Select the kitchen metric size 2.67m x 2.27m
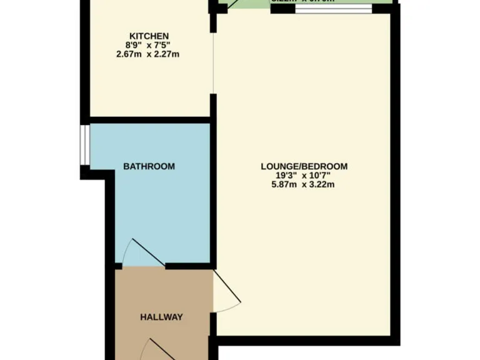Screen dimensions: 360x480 pyautogui.click(x=149, y=54)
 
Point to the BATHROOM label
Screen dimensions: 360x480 pyautogui.click(x=149, y=166)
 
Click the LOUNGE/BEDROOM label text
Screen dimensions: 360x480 pyautogui.click(x=304, y=166)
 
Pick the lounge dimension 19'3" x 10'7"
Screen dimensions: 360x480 pyautogui.click(x=304, y=176)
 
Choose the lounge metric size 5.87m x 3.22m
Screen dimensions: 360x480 pyautogui.click(x=304, y=185)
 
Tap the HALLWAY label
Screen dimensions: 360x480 pyautogui.click(x=161, y=317)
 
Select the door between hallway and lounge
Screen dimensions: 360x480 pyautogui.click(x=226, y=291)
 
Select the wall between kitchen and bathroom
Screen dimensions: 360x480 pyautogui.click(x=149, y=119)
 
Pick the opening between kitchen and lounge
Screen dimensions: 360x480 pyautogui.click(x=213, y=62)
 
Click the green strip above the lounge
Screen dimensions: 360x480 pyautogui.click(x=250, y=5)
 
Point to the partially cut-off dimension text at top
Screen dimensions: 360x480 pyautogui.click(x=303, y=1)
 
